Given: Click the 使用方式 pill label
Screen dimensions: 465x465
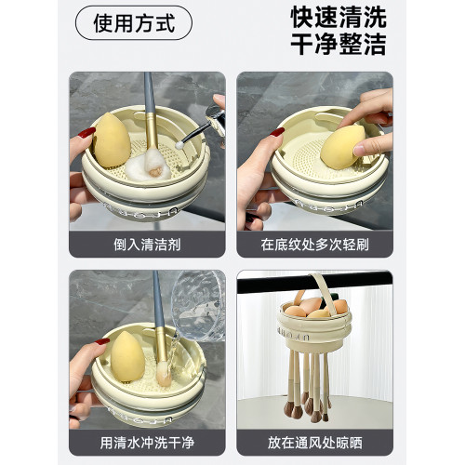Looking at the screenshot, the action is [134, 23].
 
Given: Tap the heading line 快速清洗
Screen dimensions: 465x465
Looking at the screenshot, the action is [339, 18].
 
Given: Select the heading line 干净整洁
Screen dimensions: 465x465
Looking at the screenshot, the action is [339, 44].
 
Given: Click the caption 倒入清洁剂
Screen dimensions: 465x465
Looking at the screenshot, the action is [147, 245].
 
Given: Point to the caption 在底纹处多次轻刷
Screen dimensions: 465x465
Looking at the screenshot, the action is [314, 245].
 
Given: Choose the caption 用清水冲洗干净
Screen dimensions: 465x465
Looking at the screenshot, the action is [147, 443].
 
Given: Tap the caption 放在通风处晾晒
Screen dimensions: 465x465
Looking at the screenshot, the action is [314, 443].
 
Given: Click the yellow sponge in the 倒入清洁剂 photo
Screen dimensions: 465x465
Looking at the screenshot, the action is [112, 140].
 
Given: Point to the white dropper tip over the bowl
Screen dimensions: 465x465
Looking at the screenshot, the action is [179, 145].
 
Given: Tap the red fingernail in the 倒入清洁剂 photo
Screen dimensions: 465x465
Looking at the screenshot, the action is [86, 133].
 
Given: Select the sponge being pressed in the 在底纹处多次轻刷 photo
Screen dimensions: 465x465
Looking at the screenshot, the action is [342, 147].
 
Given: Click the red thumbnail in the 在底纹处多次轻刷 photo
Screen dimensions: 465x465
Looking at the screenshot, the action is [277, 132].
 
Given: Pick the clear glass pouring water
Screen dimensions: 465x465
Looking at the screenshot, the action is [198, 305].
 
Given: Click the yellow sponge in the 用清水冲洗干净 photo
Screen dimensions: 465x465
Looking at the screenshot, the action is [127, 356].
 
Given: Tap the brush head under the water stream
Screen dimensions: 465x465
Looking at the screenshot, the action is [164, 374].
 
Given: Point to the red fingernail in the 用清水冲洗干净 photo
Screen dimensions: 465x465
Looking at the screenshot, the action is [102, 341].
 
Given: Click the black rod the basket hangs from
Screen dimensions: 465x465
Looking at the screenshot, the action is [314, 282].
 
